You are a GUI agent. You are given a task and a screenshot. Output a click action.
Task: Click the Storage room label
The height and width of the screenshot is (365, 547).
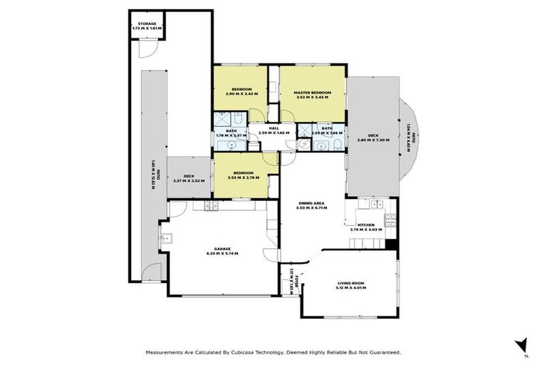click(x=147, y=24)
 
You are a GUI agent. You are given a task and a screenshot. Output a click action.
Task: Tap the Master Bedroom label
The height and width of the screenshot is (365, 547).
click(x=313, y=93)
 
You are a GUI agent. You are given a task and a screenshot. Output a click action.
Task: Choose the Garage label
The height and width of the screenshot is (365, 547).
click(x=221, y=248)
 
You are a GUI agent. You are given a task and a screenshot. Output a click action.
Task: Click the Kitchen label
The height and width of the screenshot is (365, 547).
click(x=367, y=225)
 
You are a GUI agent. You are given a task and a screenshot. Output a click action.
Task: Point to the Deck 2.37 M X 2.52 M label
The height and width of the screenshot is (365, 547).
click(x=189, y=176)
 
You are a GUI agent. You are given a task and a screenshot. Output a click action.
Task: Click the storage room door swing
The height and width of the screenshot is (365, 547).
click(x=145, y=48)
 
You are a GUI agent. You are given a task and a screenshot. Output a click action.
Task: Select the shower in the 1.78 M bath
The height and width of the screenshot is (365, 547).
click(x=222, y=118)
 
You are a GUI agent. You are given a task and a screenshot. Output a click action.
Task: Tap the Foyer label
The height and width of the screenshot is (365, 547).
click(x=291, y=276)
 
